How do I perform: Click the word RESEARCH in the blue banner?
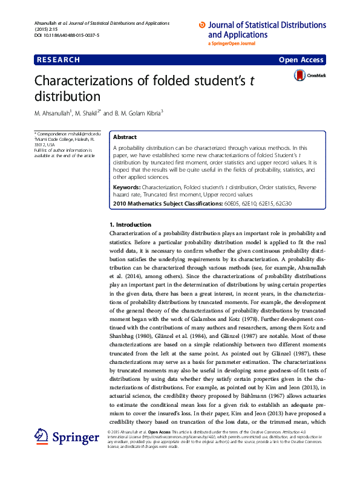(x=58, y=60)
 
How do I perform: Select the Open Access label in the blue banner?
(x=302, y=60)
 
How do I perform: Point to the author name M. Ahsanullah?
(x=53, y=113)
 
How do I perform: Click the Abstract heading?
(x=125, y=137)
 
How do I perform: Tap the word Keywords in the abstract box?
(x=126, y=187)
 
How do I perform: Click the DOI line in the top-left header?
(x=67, y=36)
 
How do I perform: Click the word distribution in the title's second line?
(x=67, y=96)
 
